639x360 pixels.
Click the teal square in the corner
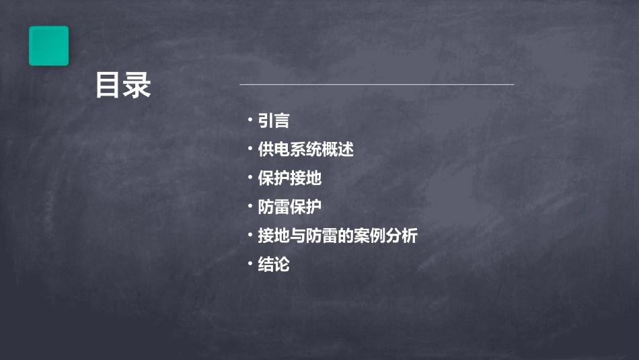coord(48,46)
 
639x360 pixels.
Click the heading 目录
coord(122,85)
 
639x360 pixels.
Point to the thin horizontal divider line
coord(377,84)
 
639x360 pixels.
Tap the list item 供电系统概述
coord(305,149)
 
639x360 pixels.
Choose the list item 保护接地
coord(290,178)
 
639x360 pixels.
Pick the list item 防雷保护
coord(290,207)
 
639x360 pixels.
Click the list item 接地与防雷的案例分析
coord(338,236)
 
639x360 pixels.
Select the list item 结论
coord(274,264)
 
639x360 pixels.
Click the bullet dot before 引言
coord(250,120)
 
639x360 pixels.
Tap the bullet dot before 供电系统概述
coord(250,149)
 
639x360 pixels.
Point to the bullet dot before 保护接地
coord(250,178)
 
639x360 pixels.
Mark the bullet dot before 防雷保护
coord(250,207)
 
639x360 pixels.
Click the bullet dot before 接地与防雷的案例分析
coord(250,236)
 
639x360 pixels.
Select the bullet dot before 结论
coord(250,264)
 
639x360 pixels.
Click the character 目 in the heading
coord(108,85)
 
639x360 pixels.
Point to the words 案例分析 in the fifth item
coord(386,236)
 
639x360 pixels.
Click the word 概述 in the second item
coord(338,149)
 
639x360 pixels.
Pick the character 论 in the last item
coord(282,264)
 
